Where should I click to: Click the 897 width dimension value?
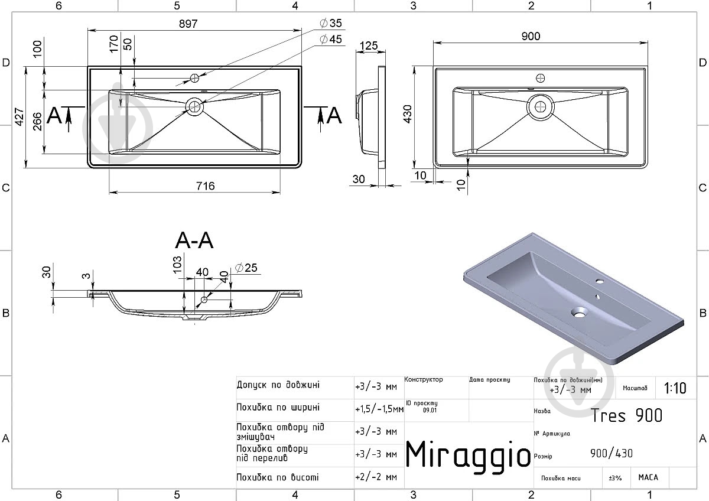point(188,24)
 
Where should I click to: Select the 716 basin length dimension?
point(206,186)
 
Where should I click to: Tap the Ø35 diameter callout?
point(331,23)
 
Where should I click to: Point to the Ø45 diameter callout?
point(331,39)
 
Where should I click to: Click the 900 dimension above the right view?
point(531,36)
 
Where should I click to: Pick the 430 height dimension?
point(408,114)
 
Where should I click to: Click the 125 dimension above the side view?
point(369,45)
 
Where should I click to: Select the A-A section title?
point(194,240)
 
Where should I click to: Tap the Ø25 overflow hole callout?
point(246,268)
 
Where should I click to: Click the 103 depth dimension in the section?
point(177,264)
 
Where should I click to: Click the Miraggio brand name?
point(468,455)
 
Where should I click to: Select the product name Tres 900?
point(626,415)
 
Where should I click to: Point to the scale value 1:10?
point(675,388)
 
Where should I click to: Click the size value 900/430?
point(611,453)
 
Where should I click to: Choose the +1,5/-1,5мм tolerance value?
point(379,409)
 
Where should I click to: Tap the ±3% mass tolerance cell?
point(615,478)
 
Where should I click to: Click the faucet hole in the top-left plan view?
point(194,78)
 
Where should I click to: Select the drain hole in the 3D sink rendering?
point(578,313)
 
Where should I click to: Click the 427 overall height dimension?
point(19,117)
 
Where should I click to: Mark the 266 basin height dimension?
point(37,121)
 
